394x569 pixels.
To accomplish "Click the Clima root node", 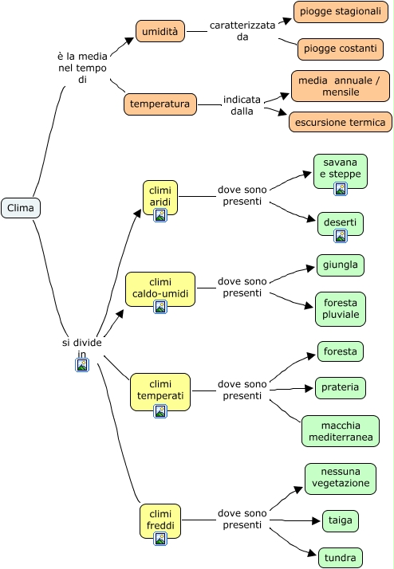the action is click(x=21, y=208).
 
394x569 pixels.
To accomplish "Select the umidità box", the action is click(x=160, y=31).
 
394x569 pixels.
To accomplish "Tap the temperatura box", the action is click(x=160, y=104).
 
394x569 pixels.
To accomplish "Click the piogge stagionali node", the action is click(x=341, y=12).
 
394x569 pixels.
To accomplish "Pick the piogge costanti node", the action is click(x=341, y=49).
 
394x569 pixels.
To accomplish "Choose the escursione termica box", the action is click(x=341, y=122).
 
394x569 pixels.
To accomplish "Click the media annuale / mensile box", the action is click(x=341, y=86).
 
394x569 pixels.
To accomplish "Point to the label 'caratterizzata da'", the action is click(x=242, y=31).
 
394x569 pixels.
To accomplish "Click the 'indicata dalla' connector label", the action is click(x=242, y=105).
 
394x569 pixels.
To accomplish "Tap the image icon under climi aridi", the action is click(x=160, y=215).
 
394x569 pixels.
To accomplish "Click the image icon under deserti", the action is click(x=341, y=236).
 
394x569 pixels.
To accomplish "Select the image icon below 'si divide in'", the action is click(x=82, y=365).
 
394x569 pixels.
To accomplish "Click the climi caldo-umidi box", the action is click(x=160, y=289).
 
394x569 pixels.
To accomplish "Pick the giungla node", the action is click(x=341, y=265).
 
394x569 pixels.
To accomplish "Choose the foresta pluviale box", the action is click(x=341, y=309).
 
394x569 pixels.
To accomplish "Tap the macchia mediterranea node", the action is click(x=341, y=431).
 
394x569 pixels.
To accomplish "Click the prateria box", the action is click(x=341, y=388).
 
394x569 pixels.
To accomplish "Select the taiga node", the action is click(x=341, y=521).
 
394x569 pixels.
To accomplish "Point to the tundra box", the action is click(x=341, y=558).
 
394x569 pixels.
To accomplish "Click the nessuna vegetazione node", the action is click(x=341, y=479).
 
